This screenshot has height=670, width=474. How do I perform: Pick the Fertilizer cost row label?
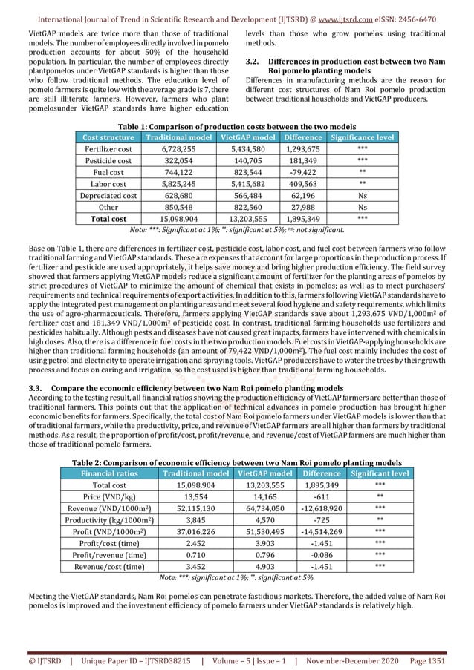coord(108,149)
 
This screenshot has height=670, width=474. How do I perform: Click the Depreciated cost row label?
coord(108,196)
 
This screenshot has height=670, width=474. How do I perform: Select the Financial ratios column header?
coord(108,473)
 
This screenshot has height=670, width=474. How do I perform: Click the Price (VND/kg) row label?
coord(108,496)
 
